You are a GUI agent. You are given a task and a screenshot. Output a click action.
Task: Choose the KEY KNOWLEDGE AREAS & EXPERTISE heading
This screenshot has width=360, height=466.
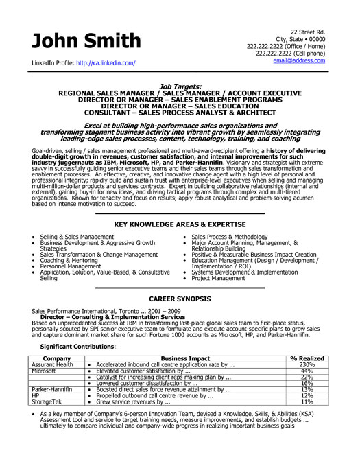180,225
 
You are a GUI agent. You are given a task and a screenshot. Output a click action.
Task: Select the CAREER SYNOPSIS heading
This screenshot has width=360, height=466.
180,299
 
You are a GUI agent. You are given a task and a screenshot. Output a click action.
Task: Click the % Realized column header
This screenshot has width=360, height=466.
307,358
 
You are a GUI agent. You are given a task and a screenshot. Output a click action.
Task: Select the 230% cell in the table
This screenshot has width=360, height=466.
307,364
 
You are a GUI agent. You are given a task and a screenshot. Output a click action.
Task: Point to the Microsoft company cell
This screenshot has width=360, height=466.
43,371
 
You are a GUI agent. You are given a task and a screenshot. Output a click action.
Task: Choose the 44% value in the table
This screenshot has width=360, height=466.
307,371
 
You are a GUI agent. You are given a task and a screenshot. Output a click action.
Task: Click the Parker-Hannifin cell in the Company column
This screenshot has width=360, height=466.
50,389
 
